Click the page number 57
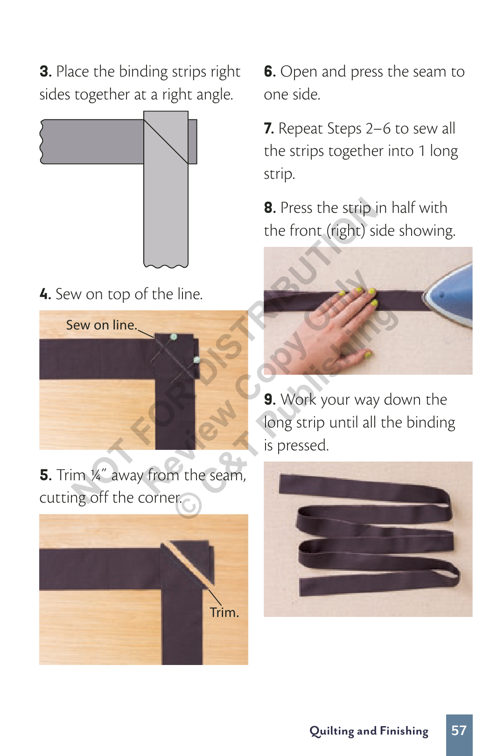[x=459, y=730]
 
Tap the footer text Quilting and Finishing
[x=369, y=731]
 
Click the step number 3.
[x=45, y=72]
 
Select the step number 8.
[x=270, y=208]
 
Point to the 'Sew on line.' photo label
[x=101, y=325]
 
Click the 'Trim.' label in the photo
[x=224, y=613]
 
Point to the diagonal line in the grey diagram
[x=166, y=142]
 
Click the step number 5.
[x=45, y=475]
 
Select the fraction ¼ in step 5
[x=96, y=475]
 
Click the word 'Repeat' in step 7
[x=301, y=129]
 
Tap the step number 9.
[x=270, y=399]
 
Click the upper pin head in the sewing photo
[x=174, y=336]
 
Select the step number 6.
[x=270, y=72]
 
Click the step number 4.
[x=45, y=294]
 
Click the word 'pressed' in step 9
[x=302, y=446]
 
